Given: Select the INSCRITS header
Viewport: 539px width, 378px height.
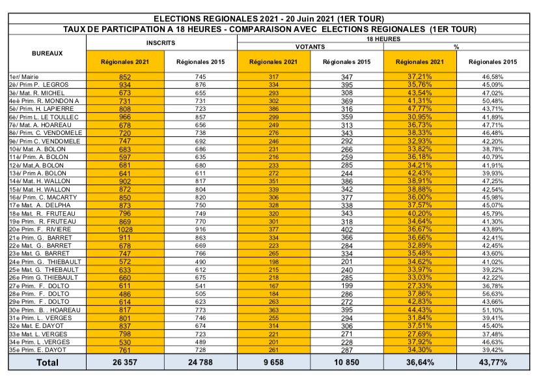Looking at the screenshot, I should pyautogui.click(x=162, y=40).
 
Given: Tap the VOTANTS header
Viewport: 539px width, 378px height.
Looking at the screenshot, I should pyautogui.click(x=311, y=47).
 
